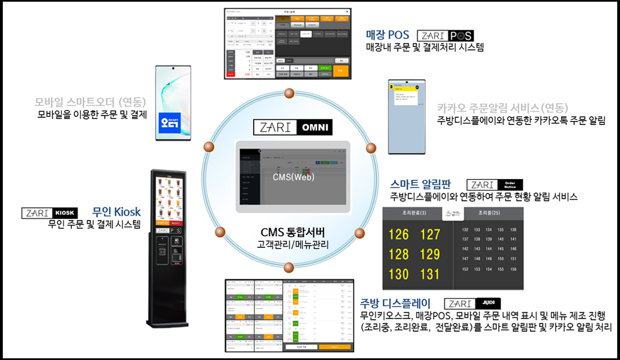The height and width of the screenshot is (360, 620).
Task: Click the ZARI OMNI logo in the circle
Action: click(293, 127)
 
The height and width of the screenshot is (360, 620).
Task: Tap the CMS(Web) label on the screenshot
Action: click(293, 177)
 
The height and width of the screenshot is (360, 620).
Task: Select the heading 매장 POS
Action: click(387, 35)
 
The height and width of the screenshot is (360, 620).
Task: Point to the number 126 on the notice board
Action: click(398, 234)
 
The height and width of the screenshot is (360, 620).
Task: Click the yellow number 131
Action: click(430, 274)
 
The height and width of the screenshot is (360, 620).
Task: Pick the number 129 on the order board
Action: click(430, 254)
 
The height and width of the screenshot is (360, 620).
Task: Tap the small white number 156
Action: click(513, 269)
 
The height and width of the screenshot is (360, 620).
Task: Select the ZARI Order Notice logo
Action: click(494, 185)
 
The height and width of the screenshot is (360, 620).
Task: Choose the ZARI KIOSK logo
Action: click(49, 213)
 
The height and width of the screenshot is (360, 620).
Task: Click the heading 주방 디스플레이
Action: click(395, 304)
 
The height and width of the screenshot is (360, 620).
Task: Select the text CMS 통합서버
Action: click(293, 232)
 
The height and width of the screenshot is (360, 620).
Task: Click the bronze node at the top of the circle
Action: click(288, 93)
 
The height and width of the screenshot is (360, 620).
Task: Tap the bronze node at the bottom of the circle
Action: click(288, 266)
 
